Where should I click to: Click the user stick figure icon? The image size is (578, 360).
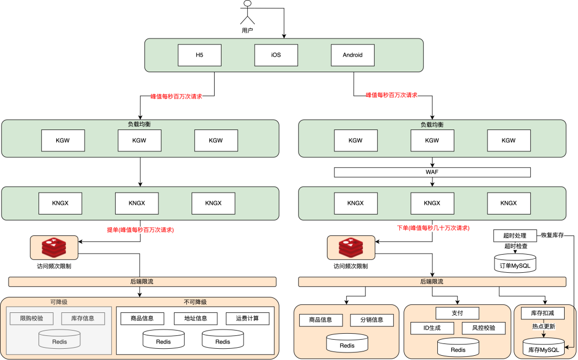pyautogui.click(x=247, y=13)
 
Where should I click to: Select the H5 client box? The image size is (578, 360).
pyautogui.click(x=200, y=55)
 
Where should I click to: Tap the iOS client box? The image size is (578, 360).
pyautogui.click(x=276, y=55)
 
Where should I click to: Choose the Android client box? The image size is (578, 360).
pyautogui.click(x=353, y=55)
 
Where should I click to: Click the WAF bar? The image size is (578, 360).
pyautogui.click(x=432, y=172)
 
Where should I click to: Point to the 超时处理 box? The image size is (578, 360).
pyautogui.click(x=515, y=236)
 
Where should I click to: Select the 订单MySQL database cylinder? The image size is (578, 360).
pyautogui.click(x=515, y=263)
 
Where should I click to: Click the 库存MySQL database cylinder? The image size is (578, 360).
pyautogui.click(x=544, y=347)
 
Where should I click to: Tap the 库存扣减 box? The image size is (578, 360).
pyautogui.click(x=543, y=313)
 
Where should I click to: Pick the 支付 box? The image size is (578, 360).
pyautogui.click(x=458, y=313)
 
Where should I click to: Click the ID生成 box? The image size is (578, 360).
pyautogui.click(x=432, y=328)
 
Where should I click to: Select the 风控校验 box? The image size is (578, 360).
pyautogui.click(x=484, y=328)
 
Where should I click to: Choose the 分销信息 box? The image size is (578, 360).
pyautogui.click(x=372, y=320)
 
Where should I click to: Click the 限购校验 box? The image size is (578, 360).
pyautogui.click(x=32, y=319)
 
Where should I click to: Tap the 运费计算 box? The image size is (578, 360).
pyautogui.click(x=247, y=319)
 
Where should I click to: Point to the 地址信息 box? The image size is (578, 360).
pyautogui.click(x=196, y=319)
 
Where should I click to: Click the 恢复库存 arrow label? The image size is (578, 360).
pyautogui.click(x=552, y=235)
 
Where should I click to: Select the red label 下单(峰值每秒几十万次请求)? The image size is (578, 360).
pyautogui.click(x=433, y=228)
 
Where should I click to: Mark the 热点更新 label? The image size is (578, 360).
pyautogui.click(x=543, y=326)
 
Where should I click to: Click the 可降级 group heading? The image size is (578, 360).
pyautogui.click(x=59, y=302)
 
